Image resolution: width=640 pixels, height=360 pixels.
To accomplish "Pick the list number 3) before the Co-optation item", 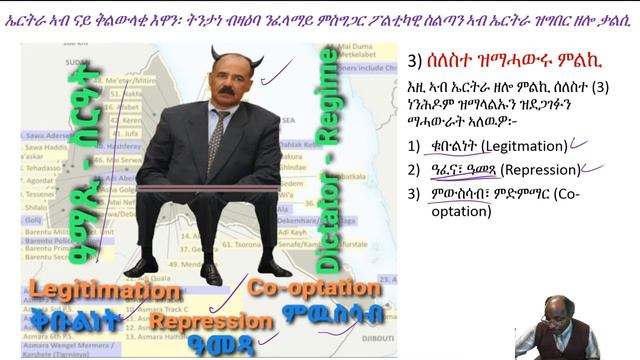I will tap(427, 192).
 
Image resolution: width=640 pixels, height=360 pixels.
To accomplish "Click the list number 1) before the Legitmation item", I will tap(427, 146).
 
